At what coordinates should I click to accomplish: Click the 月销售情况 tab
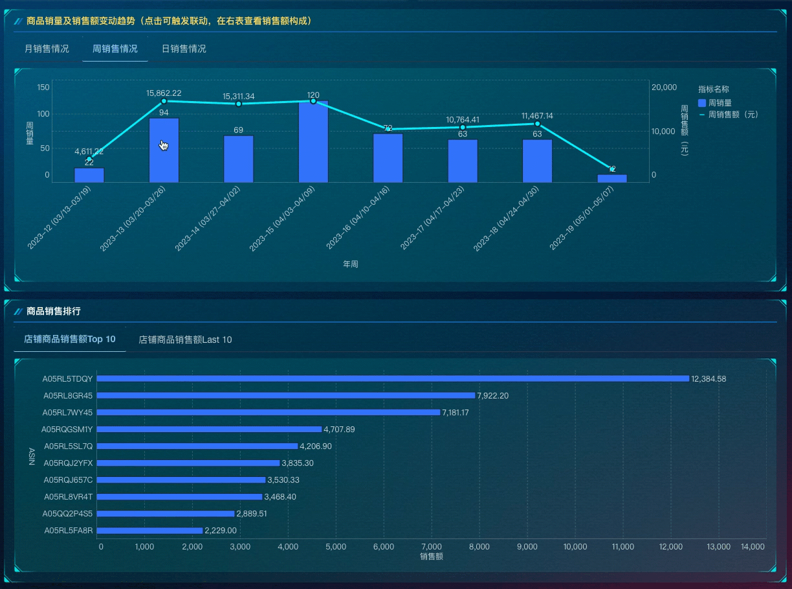pyautogui.click(x=47, y=49)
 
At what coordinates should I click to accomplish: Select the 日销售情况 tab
pyautogui.click(x=184, y=49)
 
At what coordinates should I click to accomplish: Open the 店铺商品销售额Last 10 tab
pyautogui.click(x=185, y=340)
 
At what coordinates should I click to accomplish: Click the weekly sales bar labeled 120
pyautogui.click(x=313, y=141)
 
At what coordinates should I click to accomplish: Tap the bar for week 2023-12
pyautogui.click(x=89, y=175)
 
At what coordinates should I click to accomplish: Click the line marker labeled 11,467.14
pyautogui.click(x=537, y=124)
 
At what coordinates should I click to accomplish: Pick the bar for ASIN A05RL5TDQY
pyautogui.click(x=392, y=378)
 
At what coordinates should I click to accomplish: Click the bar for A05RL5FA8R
pyautogui.click(x=149, y=531)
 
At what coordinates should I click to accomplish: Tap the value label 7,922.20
pyautogui.click(x=492, y=396)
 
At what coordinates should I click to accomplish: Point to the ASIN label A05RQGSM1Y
pyautogui.click(x=67, y=430)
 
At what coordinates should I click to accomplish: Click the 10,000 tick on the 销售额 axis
pyautogui.click(x=575, y=547)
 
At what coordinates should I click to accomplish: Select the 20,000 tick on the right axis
pyautogui.click(x=663, y=87)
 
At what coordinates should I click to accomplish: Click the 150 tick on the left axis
pyautogui.click(x=43, y=87)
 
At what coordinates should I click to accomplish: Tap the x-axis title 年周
pyautogui.click(x=351, y=264)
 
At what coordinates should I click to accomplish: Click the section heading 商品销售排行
pyautogui.click(x=54, y=312)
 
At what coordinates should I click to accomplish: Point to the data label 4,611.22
pyautogui.click(x=89, y=152)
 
